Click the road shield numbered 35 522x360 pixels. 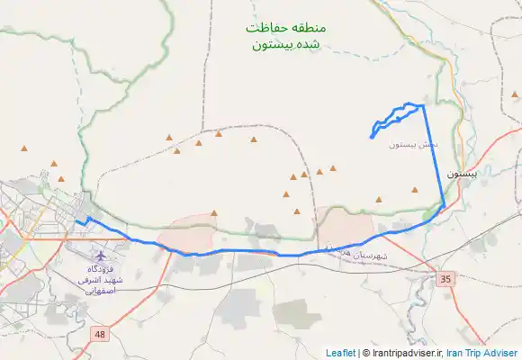(445, 279)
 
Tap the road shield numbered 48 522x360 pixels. (98, 335)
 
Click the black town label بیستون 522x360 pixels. (472, 174)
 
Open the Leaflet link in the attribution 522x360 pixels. (341, 353)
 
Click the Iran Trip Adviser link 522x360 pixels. (482, 353)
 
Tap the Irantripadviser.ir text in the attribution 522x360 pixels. (406, 353)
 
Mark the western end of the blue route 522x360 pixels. (76, 221)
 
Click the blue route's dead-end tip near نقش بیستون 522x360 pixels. (371, 138)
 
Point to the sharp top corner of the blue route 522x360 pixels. (423, 105)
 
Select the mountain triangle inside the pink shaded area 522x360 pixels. (213, 213)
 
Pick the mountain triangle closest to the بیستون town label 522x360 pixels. (415, 190)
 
